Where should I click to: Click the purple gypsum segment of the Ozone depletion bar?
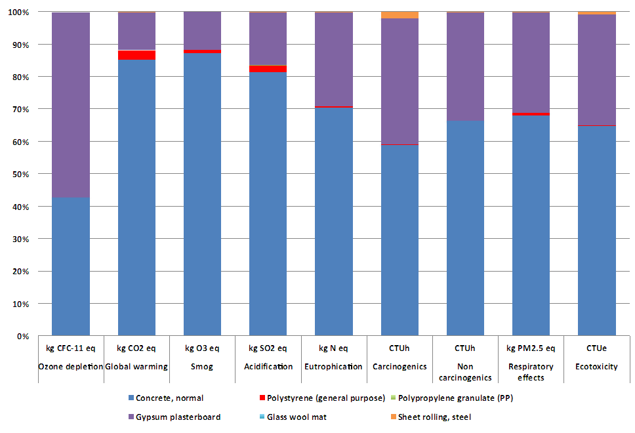(71, 105)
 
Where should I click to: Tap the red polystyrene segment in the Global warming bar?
(136, 55)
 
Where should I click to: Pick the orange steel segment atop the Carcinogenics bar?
(399, 15)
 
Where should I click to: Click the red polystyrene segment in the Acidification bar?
(268, 69)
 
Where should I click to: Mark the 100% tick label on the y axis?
(18, 12)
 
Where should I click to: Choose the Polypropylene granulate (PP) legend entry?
(451, 398)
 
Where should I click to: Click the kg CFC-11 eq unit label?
(71, 348)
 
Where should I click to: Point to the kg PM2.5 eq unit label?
(531, 348)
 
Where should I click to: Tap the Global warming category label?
(136, 367)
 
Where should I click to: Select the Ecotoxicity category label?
(596, 367)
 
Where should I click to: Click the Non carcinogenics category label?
(465, 372)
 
